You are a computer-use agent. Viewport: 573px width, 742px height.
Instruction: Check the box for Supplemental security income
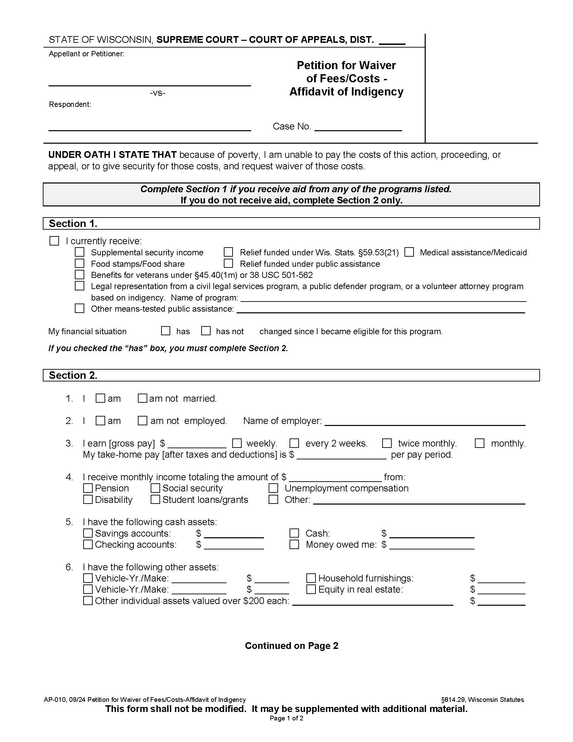(80, 252)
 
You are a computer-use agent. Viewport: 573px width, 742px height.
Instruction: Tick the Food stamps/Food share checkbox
(80, 263)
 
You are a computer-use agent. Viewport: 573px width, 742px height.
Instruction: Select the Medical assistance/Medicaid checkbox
(409, 252)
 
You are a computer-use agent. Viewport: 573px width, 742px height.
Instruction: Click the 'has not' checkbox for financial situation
(206, 331)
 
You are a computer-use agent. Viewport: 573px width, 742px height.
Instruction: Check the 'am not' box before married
(142, 398)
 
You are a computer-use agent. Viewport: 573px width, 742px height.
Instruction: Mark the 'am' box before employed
(100, 421)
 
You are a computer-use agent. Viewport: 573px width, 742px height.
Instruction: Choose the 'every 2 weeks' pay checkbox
(294, 443)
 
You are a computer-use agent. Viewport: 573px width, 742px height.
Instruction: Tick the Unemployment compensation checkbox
(273, 488)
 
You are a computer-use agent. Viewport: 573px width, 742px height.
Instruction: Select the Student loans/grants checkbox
(155, 500)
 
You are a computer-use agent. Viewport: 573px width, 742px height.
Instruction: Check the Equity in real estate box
(311, 589)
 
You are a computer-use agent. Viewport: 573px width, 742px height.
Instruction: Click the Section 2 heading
(73, 375)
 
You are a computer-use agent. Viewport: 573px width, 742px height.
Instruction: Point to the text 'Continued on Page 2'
(291, 646)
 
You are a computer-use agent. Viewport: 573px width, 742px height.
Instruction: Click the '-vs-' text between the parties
(157, 93)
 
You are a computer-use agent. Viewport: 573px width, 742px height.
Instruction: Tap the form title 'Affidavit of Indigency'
(346, 92)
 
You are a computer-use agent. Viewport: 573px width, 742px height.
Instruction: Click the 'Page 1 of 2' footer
(286, 718)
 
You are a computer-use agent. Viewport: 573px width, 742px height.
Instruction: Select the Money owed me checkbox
(294, 544)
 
